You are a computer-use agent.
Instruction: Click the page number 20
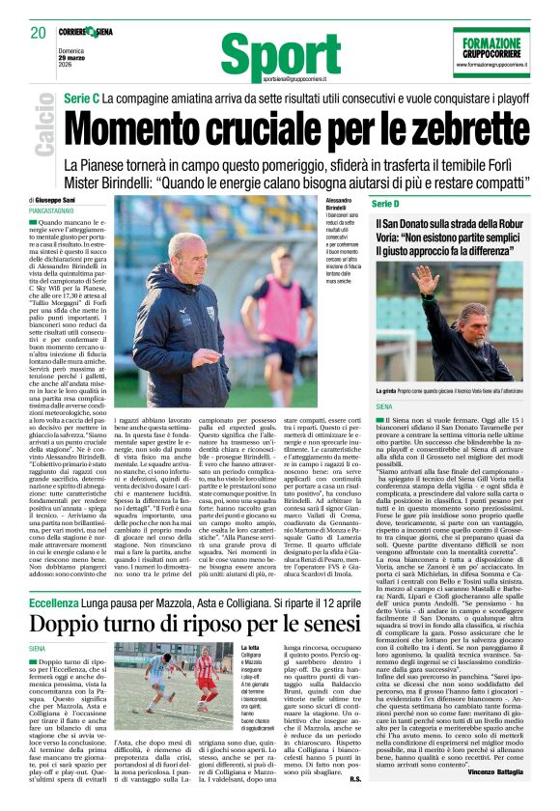click(x=39, y=33)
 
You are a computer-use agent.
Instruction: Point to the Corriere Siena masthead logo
click(x=88, y=31)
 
